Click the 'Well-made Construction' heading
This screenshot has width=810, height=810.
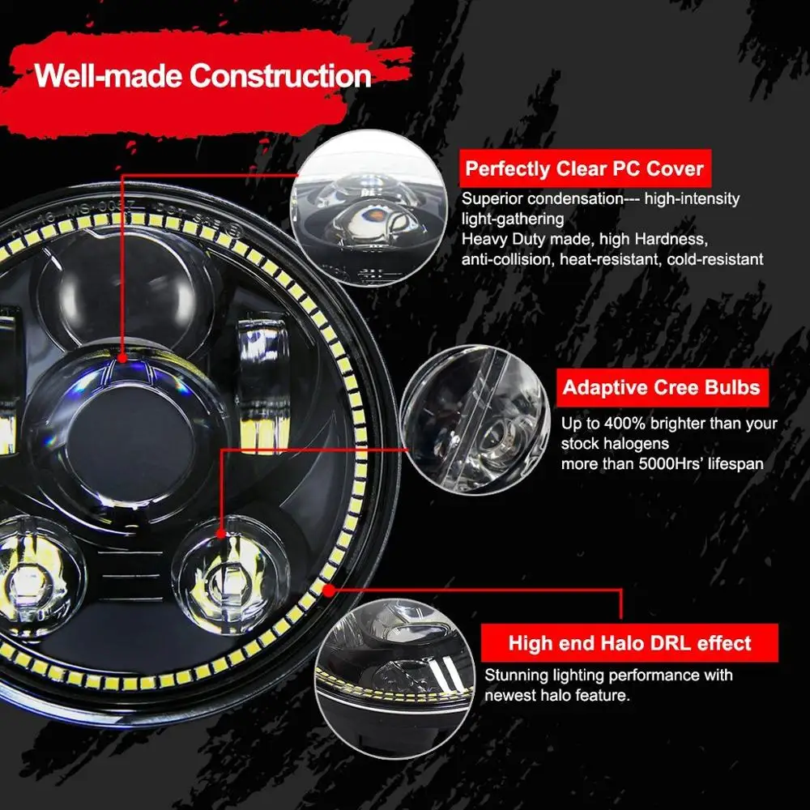[202, 76]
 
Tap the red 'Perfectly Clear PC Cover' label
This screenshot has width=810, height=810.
[584, 169]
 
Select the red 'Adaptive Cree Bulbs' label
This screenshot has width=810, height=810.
[662, 387]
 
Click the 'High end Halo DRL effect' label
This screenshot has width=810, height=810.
[629, 644]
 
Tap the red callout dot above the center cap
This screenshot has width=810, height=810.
[122, 357]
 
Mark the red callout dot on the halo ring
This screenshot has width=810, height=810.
[328, 590]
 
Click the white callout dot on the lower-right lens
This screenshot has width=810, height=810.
[221, 533]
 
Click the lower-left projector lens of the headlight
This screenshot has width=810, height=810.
[36, 567]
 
